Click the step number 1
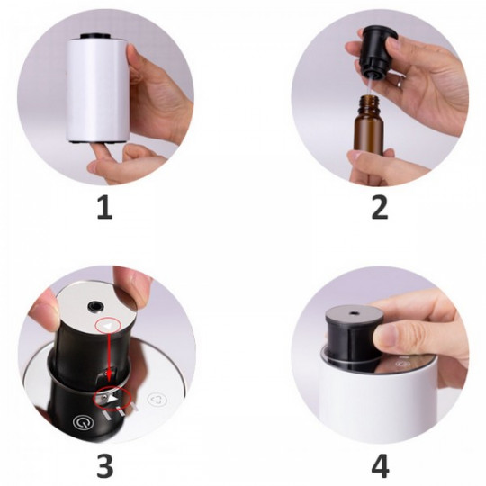pos(104,207)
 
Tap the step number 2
pos(380,207)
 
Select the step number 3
pos(104,465)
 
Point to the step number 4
pos(380,465)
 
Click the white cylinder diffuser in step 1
pos(97,90)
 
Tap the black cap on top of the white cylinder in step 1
pos(95,36)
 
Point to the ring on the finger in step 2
pos(400,83)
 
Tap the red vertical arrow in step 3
pos(109,356)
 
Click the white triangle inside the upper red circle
pos(107,326)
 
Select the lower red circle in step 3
pos(113,399)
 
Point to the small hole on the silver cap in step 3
pos(95,306)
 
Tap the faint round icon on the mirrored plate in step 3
pos(157,400)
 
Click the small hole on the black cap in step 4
pos(353,313)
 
